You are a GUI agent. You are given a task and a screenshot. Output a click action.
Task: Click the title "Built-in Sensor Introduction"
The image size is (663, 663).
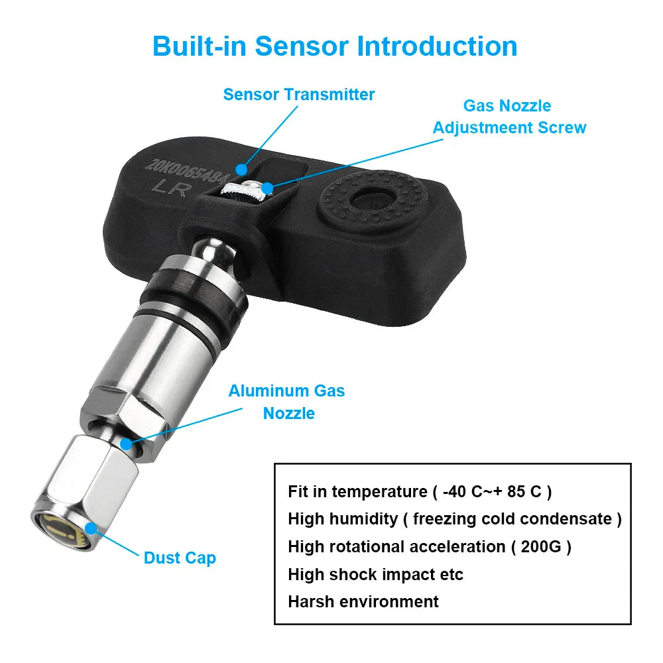[335, 46]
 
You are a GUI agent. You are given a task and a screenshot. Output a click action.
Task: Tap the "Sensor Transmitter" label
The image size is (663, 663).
[299, 94]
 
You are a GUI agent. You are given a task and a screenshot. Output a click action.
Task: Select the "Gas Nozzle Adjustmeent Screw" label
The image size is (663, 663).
[509, 117]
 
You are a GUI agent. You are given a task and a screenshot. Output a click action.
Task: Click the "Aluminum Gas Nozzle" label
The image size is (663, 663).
[287, 402]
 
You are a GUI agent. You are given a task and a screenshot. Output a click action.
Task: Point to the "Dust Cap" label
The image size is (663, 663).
[180, 558]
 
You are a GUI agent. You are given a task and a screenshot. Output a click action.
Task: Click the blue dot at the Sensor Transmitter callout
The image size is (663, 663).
[243, 170]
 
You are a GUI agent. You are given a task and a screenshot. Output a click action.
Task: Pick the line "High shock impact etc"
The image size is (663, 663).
[375, 574]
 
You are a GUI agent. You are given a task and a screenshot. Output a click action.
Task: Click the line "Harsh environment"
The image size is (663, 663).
[363, 602]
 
